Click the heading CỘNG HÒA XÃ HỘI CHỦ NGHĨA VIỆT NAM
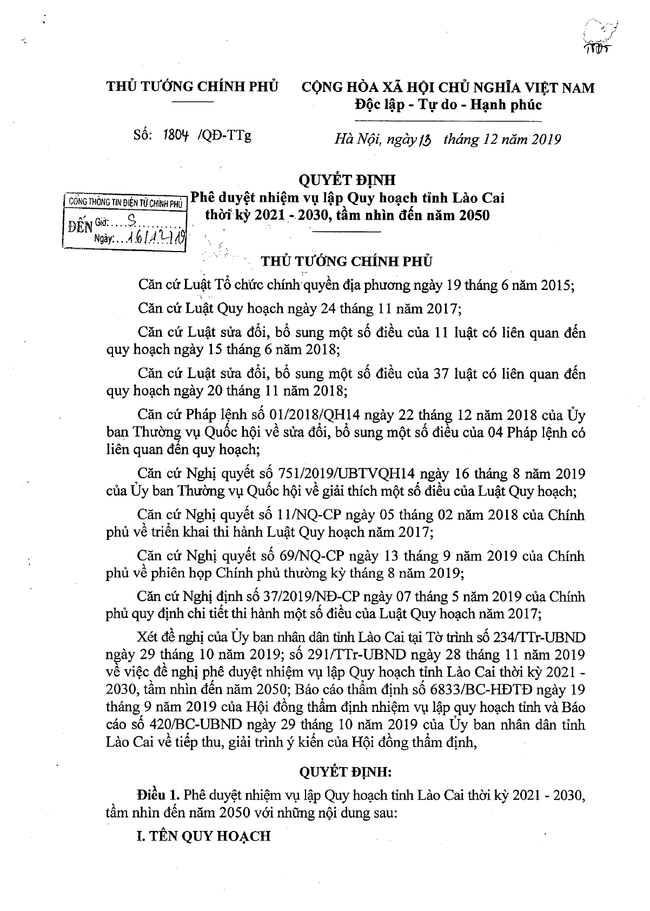click(448, 87)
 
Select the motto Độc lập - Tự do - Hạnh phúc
click(448, 104)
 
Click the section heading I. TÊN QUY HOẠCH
click(203, 836)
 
